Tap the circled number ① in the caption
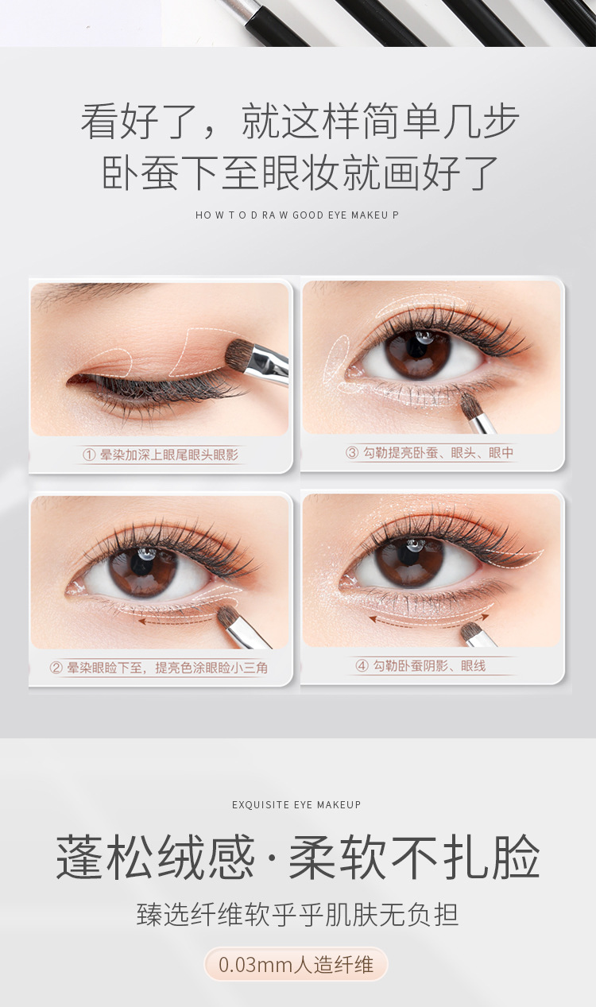89,455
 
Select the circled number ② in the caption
56,668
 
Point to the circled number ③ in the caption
352,452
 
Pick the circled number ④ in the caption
362,665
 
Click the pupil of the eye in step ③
418,348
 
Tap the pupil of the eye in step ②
143,565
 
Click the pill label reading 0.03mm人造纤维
296,964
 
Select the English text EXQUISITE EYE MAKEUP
296,804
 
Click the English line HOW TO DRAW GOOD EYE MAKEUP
297,215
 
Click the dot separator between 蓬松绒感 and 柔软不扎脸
271,858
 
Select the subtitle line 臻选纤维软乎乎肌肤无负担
297,914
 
